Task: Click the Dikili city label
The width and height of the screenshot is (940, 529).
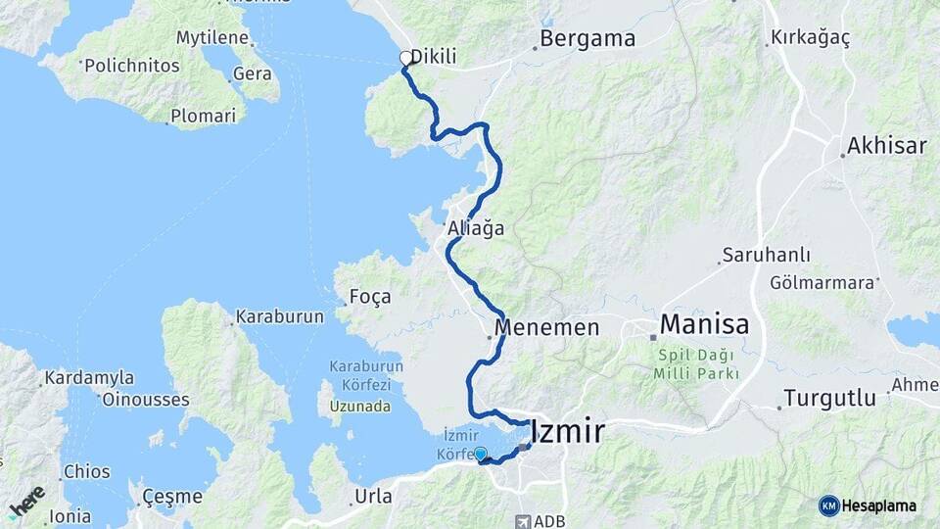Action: pyautogui.click(x=434, y=57)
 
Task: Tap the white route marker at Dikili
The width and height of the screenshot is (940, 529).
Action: pyautogui.click(x=406, y=58)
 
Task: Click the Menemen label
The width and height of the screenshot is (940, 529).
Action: pyautogui.click(x=546, y=327)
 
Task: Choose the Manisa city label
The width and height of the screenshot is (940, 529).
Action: pyautogui.click(x=704, y=324)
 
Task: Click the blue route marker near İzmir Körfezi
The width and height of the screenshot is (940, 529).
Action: pyautogui.click(x=480, y=454)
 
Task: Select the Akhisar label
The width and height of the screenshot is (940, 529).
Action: pyautogui.click(x=887, y=146)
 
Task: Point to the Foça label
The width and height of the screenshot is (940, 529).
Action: pyautogui.click(x=369, y=296)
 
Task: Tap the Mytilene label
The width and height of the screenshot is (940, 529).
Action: pyautogui.click(x=212, y=39)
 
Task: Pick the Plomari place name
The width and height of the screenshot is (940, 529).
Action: pyautogui.click(x=203, y=116)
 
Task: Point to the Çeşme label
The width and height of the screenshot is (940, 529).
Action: pyautogui.click(x=171, y=496)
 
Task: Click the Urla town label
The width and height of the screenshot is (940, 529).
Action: pyautogui.click(x=373, y=496)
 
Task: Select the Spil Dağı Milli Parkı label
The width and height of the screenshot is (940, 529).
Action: pyautogui.click(x=697, y=364)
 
